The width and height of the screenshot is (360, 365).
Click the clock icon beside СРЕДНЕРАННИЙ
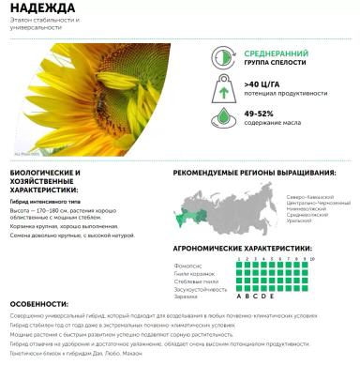225,58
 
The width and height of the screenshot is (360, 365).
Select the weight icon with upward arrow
225,89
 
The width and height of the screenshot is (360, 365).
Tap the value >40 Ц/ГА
265,84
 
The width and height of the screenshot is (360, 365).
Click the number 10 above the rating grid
312,258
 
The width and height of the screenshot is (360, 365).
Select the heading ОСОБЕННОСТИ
39,305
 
